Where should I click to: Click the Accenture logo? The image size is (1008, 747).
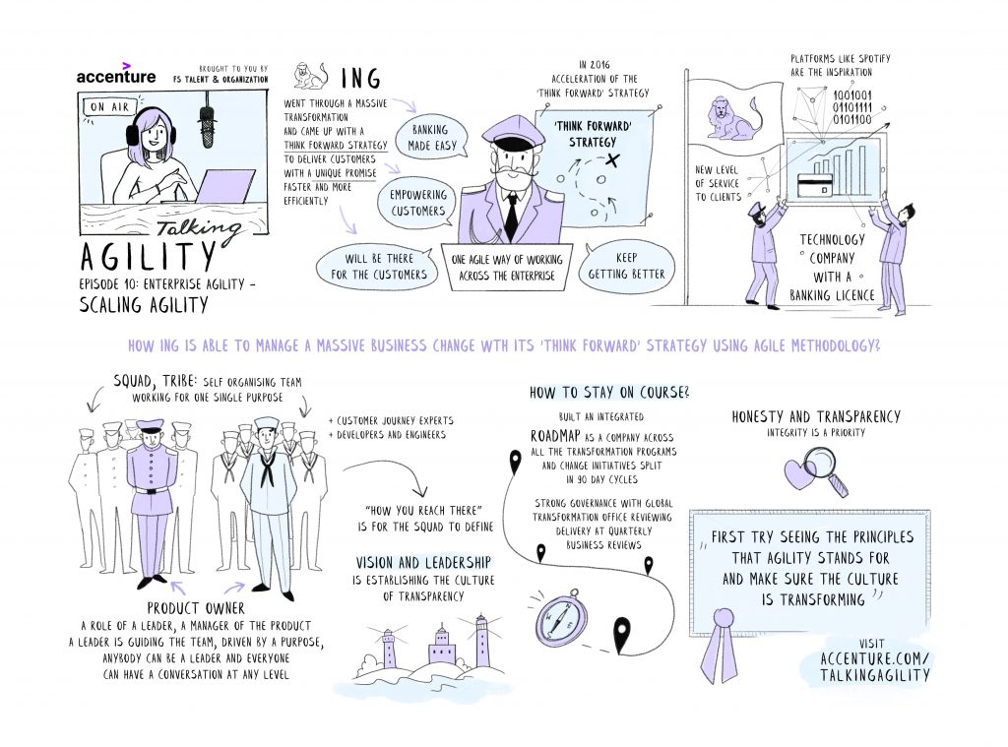coord(116,74)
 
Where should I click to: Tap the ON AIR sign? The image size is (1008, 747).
coord(109,106)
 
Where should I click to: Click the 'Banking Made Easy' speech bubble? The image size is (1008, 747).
coord(431,138)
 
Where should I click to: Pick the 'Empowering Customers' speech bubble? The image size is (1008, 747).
coord(417,203)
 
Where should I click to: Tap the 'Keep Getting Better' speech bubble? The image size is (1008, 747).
coord(625,266)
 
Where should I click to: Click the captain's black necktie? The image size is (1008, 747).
coord(511,216)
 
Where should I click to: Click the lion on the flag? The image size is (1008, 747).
coord(733,118)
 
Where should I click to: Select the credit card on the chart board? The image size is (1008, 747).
coord(815,186)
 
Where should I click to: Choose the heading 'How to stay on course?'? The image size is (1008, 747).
coord(608,392)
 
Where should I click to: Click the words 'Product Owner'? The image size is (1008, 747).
coord(196,608)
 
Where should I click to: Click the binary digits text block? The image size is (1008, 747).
coord(852,107)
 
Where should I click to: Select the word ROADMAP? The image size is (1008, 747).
coord(555,436)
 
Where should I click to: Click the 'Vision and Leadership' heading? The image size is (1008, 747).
coord(423,563)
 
